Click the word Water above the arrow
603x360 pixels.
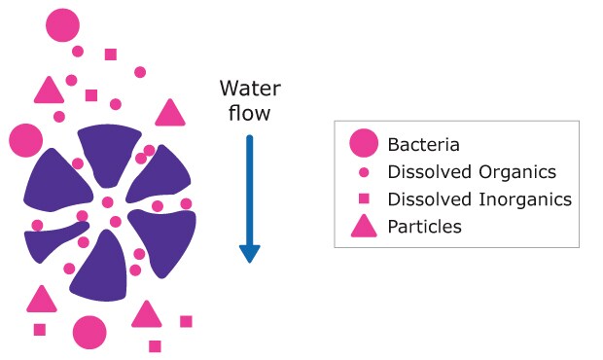click(250, 90)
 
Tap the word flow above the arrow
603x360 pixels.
click(250, 113)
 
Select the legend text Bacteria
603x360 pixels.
click(423, 145)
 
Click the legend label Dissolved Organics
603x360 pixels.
click(472, 172)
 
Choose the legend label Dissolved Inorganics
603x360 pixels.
click(479, 199)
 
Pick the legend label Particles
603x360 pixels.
click(424, 227)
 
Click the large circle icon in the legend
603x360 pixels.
click(364, 145)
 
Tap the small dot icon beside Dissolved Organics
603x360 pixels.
click(364, 172)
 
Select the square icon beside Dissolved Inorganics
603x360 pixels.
click(364, 199)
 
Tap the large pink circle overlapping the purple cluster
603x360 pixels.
click(26, 140)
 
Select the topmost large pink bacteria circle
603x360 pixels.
click(63, 24)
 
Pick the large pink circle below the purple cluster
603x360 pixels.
click(89, 332)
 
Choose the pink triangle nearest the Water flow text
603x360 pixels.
click(170, 114)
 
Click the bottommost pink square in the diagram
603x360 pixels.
click(155, 345)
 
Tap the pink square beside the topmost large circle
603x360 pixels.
click(111, 54)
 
